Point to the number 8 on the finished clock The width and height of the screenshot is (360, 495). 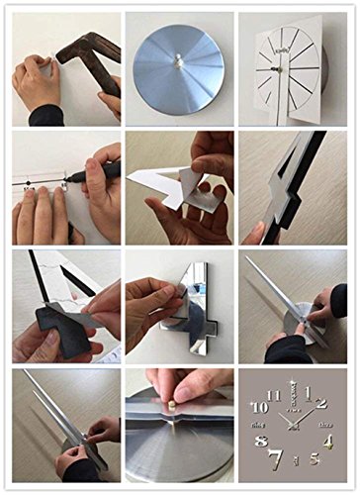261,442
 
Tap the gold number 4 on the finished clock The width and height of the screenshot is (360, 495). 327,442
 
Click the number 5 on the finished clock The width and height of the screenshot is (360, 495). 315,458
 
